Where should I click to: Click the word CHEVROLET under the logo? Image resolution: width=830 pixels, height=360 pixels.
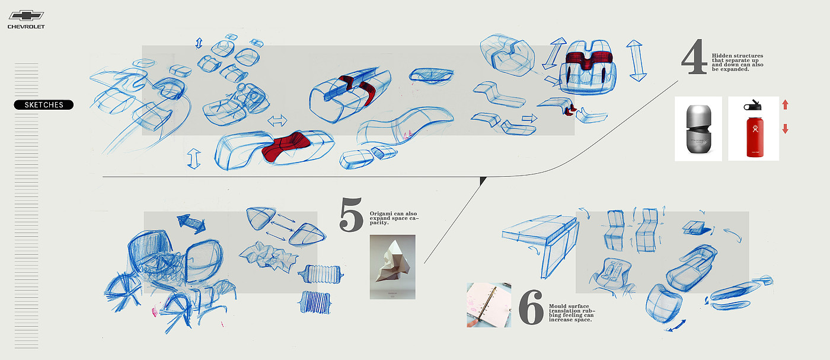click(25, 27)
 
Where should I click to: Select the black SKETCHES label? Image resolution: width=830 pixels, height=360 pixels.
click(44, 105)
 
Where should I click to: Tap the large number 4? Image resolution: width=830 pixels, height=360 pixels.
click(694, 58)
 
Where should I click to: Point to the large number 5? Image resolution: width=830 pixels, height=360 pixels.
click(351, 215)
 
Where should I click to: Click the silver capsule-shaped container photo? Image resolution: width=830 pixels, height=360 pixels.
click(698, 129)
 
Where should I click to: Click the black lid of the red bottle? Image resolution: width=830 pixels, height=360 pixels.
click(754, 106)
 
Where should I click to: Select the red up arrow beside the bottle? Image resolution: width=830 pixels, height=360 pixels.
click(785, 105)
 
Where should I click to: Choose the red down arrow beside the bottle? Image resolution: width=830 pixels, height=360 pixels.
click(785, 129)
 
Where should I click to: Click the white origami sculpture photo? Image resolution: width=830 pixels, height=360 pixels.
click(392, 266)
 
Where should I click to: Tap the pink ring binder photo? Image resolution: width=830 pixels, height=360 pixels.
click(489, 305)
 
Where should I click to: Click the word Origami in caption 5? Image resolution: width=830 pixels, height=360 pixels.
click(380, 214)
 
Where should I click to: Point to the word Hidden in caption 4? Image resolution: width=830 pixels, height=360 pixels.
click(723, 56)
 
